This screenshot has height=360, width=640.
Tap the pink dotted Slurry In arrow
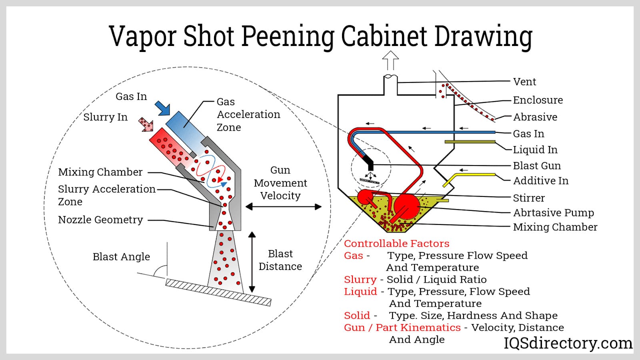pyautogui.click(x=146, y=124)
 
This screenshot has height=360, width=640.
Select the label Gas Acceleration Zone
pyautogui.click(x=248, y=114)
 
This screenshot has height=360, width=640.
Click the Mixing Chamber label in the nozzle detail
pyautogui.click(x=100, y=172)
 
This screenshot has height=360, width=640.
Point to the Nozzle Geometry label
pyautogui.click(x=100, y=220)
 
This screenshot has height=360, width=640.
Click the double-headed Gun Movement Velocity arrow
pyautogui.click(x=283, y=207)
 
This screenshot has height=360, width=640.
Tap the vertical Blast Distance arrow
pyautogui.click(x=252, y=262)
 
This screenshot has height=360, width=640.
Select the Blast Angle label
pyautogui.click(x=121, y=257)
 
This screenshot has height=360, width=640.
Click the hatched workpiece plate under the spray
pyautogui.click(x=218, y=292)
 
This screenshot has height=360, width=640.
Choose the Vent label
pyautogui.click(x=524, y=82)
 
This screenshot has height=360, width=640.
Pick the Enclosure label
pyautogui.click(x=538, y=100)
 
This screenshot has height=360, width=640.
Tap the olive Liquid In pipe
pyautogui.click(x=470, y=142)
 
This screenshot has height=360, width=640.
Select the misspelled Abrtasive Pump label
pyautogui.click(x=553, y=213)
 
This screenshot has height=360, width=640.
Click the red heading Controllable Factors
pyautogui.click(x=396, y=244)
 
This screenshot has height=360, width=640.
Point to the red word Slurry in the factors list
pyautogui.click(x=360, y=280)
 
